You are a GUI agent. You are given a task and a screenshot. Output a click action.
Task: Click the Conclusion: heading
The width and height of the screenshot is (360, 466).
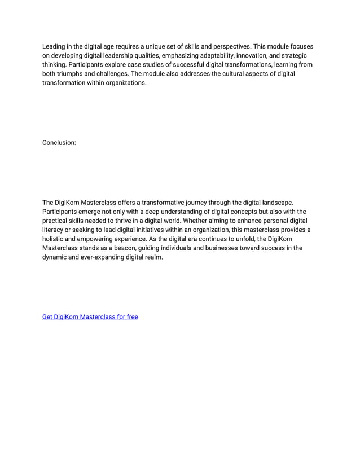coord(59,143)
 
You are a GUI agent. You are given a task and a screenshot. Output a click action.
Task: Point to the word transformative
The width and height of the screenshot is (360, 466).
coord(168,203)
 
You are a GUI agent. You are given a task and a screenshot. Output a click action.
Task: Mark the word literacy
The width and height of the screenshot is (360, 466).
coord(54,230)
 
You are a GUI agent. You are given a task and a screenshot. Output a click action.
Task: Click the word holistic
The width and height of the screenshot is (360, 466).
coord(55,239)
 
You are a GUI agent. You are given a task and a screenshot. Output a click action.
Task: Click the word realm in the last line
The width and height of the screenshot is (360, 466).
coord(153,257)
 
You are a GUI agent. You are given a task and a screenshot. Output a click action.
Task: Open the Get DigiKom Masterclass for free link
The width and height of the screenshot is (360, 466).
coord(90,317)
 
